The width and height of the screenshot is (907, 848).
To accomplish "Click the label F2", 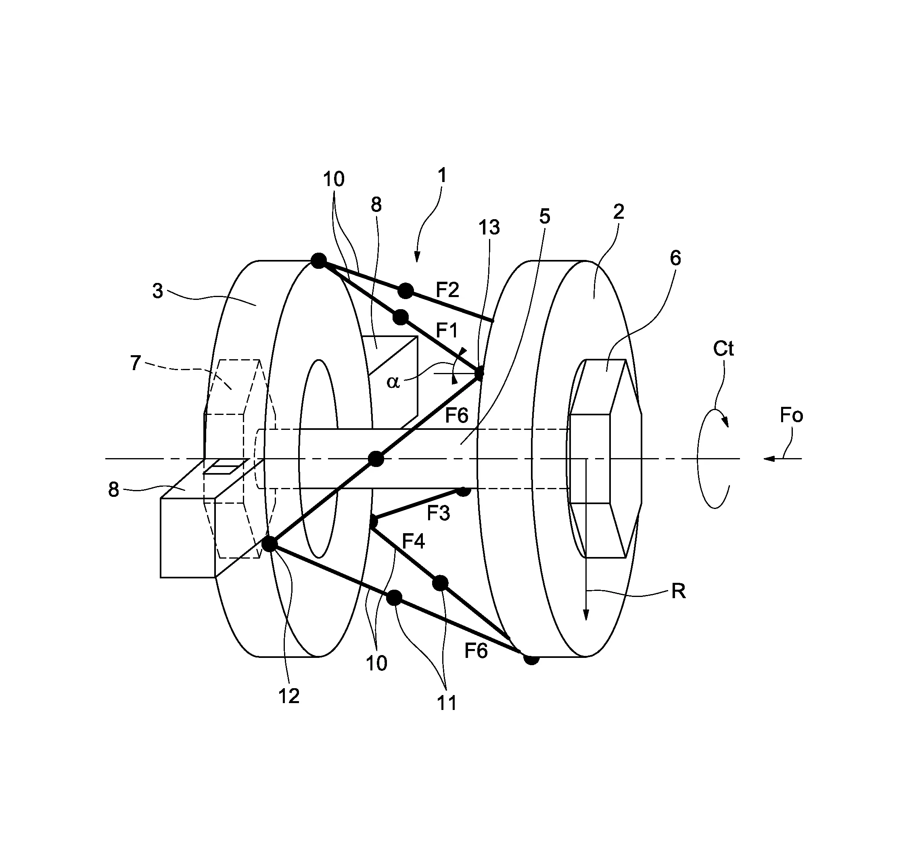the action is tap(447, 290).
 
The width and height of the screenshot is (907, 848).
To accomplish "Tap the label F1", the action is tap(446, 330).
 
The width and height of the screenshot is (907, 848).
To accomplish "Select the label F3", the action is tap(438, 513).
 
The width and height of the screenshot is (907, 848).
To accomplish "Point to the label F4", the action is tap(413, 542).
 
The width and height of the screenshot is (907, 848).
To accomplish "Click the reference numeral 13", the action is tap(489, 227).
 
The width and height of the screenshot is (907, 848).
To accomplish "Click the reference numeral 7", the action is tap(136, 363).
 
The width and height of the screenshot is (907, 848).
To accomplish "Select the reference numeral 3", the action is tap(157, 291).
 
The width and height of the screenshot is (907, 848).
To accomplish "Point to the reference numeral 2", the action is tap(618, 212).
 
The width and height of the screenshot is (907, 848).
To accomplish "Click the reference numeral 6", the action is tap(675, 258).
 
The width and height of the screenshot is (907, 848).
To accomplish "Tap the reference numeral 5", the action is tap(545, 216).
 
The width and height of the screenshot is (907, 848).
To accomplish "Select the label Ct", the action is tap(723, 349).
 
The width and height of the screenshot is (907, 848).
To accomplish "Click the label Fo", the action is tap(791, 415).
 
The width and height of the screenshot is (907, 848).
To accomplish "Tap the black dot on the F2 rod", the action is tap(405, 291).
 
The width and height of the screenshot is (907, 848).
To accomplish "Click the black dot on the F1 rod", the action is tap(401, 317).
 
